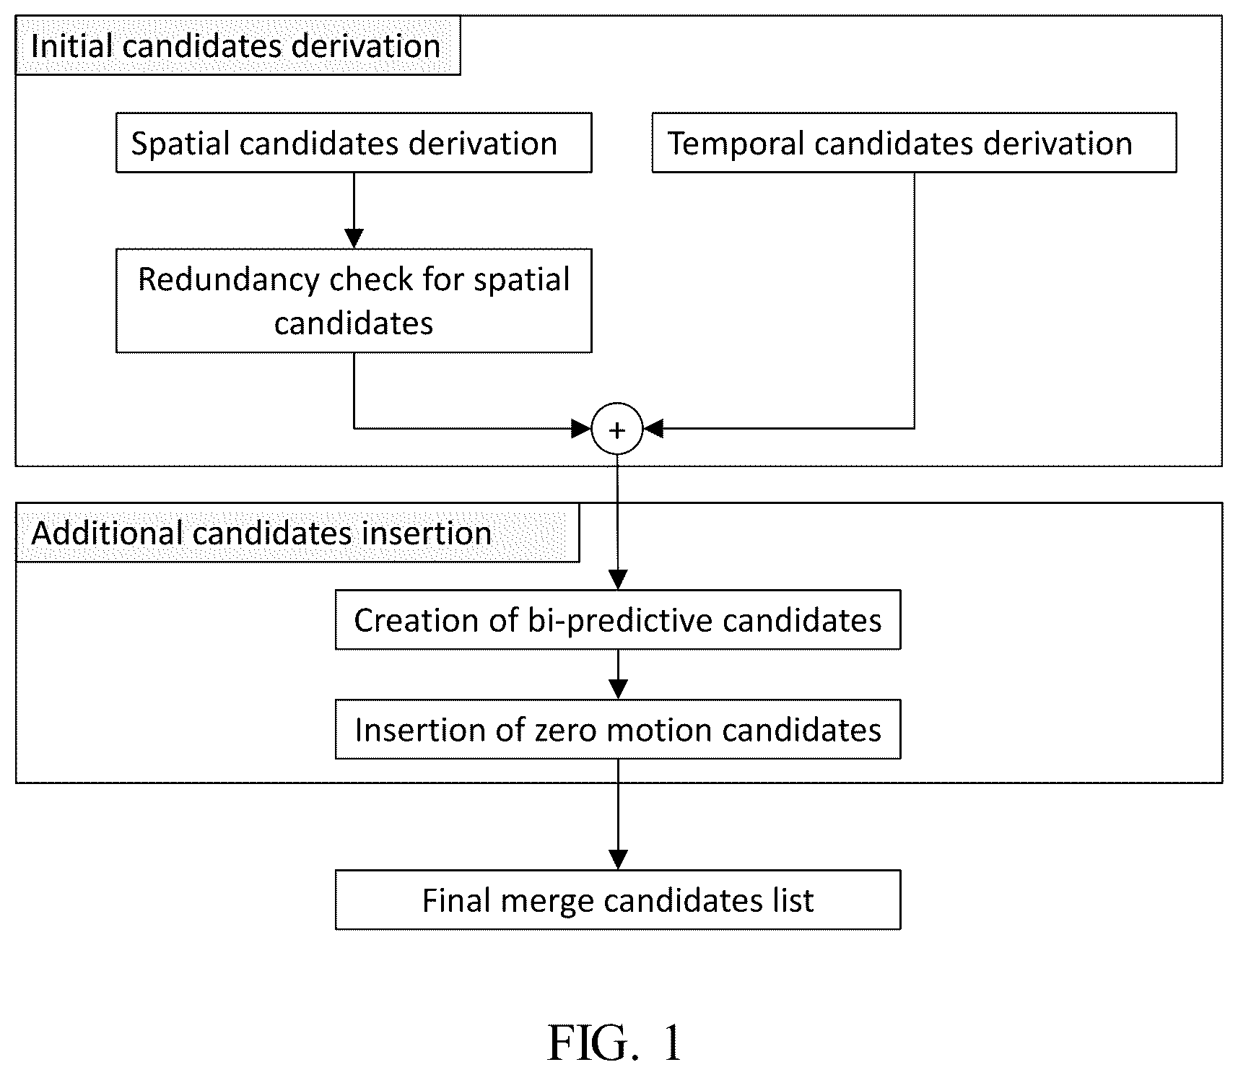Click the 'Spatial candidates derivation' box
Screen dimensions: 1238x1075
click(354, 142)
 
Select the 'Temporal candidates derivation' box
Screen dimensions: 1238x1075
click(914, 142)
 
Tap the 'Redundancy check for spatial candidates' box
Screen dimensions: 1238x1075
click(354, 300)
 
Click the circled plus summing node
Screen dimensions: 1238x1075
click(617, 429)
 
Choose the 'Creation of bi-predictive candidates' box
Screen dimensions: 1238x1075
click(618, 619)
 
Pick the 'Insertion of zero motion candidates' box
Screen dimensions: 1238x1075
click(618, 729)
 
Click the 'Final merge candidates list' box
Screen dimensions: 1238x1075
click(618, 900)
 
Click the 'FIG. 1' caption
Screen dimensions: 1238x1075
click(615, 1043)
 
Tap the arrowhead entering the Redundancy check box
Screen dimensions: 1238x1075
click(354, 238)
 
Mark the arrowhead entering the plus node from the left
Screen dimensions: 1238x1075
click(581, 429)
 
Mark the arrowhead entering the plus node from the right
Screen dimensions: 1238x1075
click(653, 429)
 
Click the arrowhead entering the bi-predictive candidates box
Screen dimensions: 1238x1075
click(618, 580)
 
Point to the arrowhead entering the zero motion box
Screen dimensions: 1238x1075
click(618, 689)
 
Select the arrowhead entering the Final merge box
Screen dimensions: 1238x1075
click(618, 860)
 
